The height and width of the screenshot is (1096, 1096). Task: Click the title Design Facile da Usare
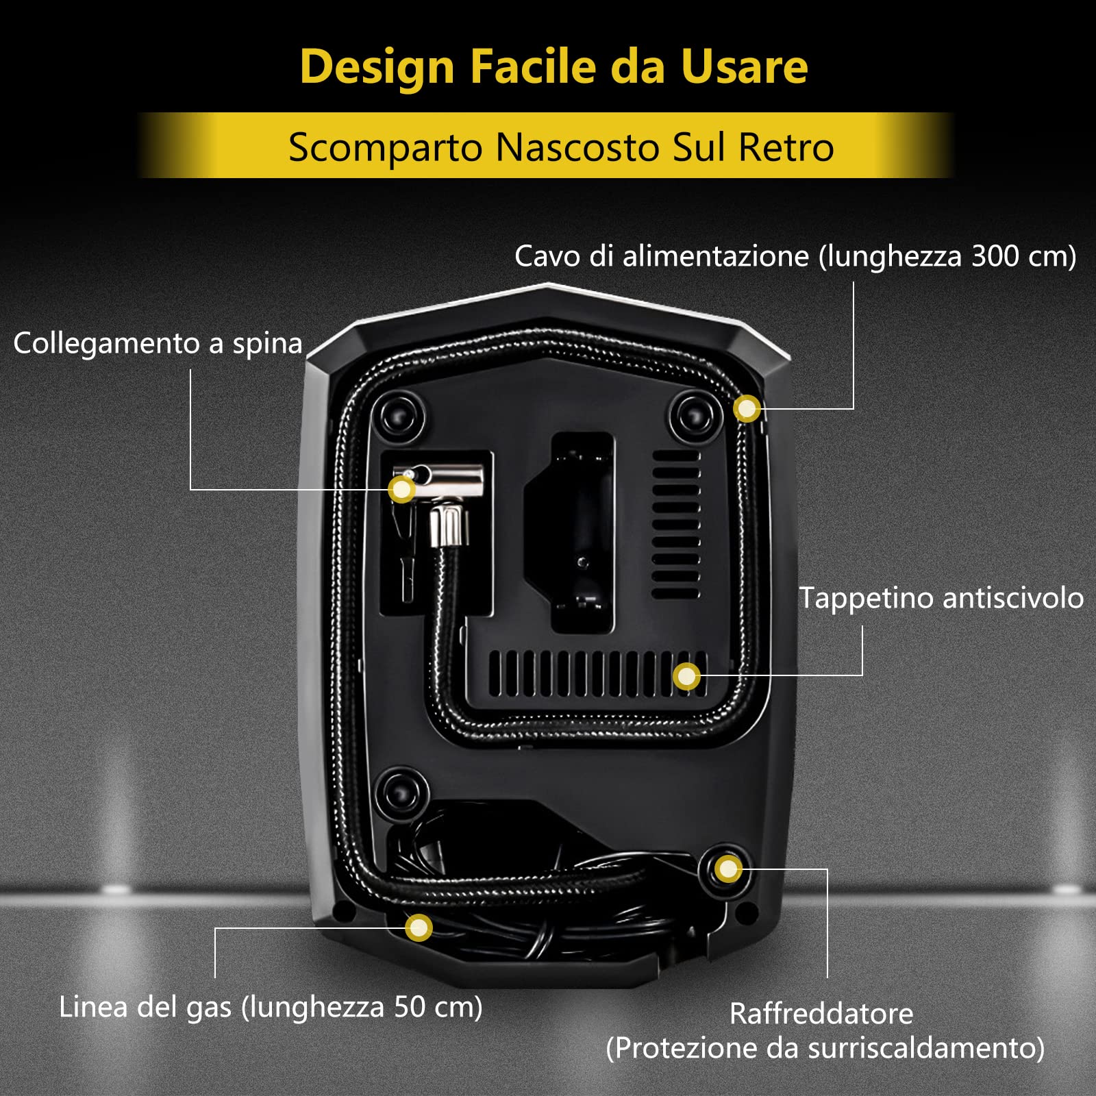coord(554,68)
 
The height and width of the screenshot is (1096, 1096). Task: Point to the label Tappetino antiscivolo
coord(941,598)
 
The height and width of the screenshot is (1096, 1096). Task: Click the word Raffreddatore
coord(821,1014)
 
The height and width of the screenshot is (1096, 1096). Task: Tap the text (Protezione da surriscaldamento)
coord(825,1048)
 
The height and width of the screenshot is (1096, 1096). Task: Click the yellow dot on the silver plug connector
coord(402,489)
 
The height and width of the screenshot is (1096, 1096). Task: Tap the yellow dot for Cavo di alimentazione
coord(747,408)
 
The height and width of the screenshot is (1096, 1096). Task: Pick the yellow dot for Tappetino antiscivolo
coord(686,677)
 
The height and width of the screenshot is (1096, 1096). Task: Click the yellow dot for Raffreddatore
coord(727,869)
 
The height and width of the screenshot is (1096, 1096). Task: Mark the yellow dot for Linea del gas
coord(419,928)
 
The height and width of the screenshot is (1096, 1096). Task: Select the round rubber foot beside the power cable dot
coord(696,416)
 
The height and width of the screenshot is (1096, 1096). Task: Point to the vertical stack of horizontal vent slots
coord(676,524)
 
